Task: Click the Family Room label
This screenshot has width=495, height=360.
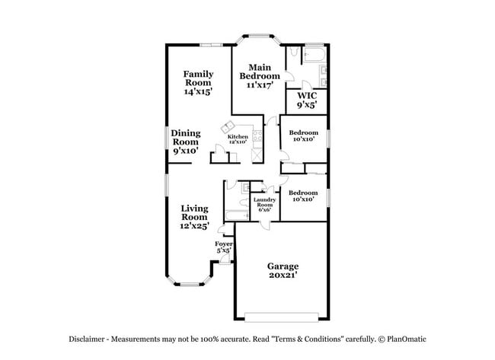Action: tap(197, 82)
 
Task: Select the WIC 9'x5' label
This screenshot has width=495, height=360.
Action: tap(306, 100)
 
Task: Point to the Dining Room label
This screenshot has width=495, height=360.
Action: tap(184, 142)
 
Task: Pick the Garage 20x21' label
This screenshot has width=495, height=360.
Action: tap(282, 270)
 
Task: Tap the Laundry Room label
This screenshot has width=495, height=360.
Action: tap(263, 204)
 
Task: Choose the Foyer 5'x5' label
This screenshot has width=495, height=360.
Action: tap(223, 247)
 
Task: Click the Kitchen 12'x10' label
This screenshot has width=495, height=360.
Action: tap(237, 139)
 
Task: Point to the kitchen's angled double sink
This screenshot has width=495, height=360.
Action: tap(228, 126)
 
